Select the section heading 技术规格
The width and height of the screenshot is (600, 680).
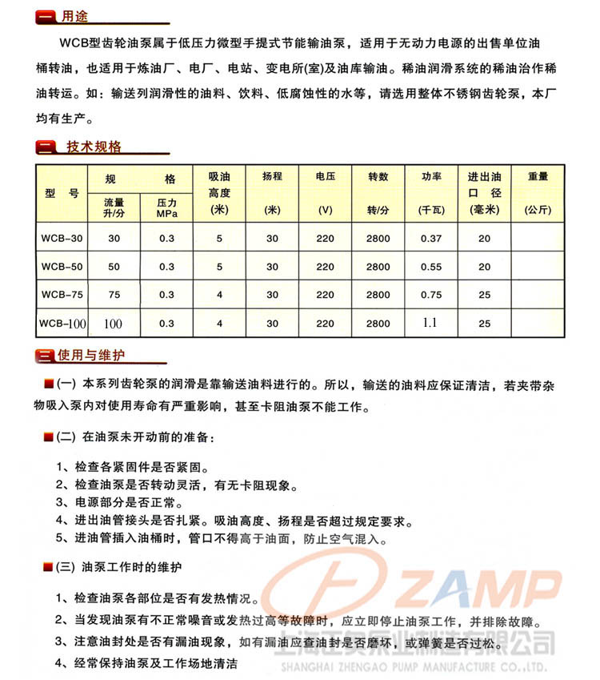(x=93, y=147)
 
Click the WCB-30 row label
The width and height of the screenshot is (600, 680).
(x=61, y=238)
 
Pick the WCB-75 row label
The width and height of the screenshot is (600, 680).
(x=61, y=295)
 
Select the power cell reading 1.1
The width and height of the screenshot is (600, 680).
(x=430, y=323)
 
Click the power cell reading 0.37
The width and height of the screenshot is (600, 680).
(x=430, y=238)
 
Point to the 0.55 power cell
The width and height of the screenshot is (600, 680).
(x=430, y=267)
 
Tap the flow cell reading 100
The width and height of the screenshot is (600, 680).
(x=114, y=324)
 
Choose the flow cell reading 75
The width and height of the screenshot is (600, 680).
(x=114, y=295)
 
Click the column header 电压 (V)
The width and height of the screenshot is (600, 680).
(x=325, y=192)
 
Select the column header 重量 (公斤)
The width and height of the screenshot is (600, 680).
(x=538, y=192)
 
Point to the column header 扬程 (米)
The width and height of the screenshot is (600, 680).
(x=272, y=192)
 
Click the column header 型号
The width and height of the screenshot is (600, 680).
(x=61, y=193)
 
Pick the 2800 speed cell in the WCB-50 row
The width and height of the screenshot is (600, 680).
(x=378, y=267)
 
